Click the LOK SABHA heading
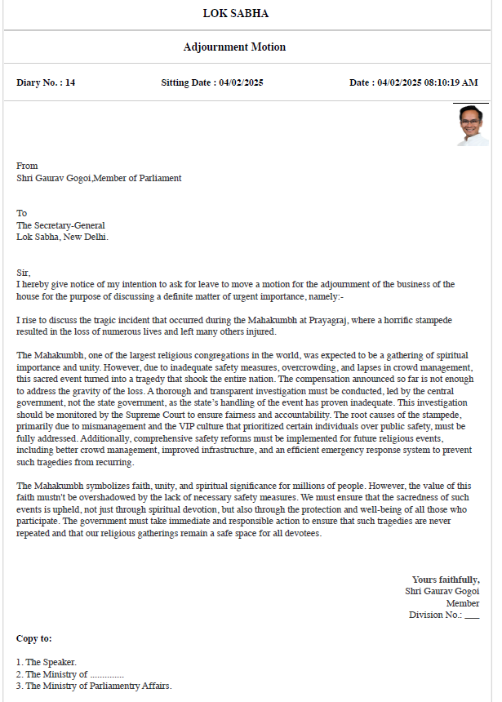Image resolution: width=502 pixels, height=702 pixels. [235, 14]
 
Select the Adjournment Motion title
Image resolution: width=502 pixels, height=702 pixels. [234, 47]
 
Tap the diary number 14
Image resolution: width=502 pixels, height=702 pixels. [70, 82]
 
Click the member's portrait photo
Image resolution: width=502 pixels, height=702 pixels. [471, 126]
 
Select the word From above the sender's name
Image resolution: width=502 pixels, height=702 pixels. [27, 166]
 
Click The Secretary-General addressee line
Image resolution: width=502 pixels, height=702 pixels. [60, 225]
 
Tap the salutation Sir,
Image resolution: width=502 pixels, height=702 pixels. [23, 273]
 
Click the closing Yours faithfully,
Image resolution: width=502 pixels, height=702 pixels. [446, 579]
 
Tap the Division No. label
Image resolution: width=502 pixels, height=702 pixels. [435, 615]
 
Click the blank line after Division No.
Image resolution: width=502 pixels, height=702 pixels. [472, 616]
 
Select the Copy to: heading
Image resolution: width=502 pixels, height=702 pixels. [34, 638]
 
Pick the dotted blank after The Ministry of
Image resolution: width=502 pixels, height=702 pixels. [106, 674]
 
